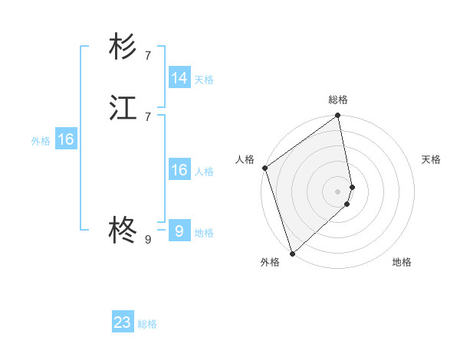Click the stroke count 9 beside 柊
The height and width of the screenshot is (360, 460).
(148, 239)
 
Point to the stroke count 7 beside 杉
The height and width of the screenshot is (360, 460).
(148, 55)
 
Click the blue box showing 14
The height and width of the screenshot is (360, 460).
(179, 78)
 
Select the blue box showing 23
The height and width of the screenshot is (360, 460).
(123, 322)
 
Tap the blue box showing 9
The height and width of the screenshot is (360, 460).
(179, 231)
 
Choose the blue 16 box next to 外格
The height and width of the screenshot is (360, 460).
(66, 139)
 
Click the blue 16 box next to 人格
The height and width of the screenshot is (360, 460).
(179, 170)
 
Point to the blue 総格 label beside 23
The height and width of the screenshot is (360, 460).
(147, 324)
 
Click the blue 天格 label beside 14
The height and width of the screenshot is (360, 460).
(204, 80)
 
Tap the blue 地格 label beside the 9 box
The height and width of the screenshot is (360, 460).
(204, 233)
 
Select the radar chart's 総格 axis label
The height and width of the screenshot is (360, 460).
(338, 100)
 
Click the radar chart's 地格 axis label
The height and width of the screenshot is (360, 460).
(402, 263)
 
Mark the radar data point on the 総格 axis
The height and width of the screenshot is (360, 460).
(338, 116)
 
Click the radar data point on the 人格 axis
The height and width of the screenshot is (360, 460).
(264, 168)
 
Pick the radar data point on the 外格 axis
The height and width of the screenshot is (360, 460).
(291, 253)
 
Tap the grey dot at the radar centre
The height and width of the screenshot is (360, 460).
(338, 191)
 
